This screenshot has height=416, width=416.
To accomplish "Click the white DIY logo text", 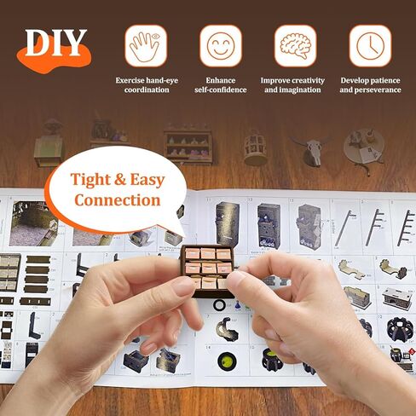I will [x=55, y=43].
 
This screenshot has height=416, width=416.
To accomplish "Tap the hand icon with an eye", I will [x=146, y=45].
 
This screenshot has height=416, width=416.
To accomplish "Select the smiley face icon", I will [x=220, y=45].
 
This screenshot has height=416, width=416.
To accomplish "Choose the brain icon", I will [x=295, y=45].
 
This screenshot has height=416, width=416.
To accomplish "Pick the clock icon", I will [x=370, y=45].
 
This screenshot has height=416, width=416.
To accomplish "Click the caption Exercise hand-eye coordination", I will [x=146, y=84].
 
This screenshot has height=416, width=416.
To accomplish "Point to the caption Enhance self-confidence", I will [x=220, y=84].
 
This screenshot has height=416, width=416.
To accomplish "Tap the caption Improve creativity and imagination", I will [x=295, y=84].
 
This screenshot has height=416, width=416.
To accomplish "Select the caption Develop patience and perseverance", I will [x=370, y=84].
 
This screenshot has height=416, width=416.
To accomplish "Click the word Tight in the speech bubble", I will [x=93, y=181].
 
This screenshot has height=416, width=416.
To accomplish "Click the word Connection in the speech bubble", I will [x=117, y=200].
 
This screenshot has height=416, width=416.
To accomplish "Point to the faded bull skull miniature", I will [x=309, y=149].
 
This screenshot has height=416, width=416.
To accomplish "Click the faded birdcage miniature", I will [x=255, y=147].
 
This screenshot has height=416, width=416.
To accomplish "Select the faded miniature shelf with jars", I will [x=188, y=145].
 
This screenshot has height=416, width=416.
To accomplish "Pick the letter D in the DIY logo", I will [x=38, y=43].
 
